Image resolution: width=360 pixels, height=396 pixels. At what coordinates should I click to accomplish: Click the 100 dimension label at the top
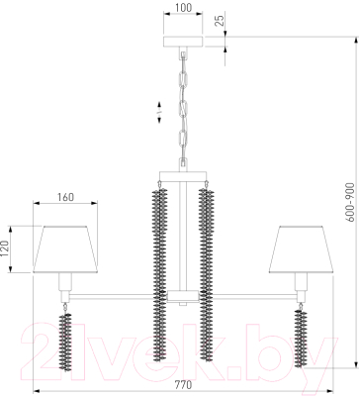pyautogui.click(x=183, y=7)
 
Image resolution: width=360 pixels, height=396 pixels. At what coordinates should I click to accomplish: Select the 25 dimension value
pyautogui.click(x=221, y=20)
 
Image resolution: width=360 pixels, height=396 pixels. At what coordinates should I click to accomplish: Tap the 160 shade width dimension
pyautogui.click(x=65, y=197)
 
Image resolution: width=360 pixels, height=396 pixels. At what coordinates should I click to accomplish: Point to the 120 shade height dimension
pyautogui.click(x=4, y=248)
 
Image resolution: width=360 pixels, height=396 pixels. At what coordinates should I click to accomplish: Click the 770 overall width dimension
pyautogui.click(x=183, y=385)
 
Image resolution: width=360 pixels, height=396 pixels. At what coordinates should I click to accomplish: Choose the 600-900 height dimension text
pyautogui.click(x=351, y=202)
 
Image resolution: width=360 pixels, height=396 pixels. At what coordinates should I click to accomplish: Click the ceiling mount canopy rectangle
pyautogui.click(x=183, y=42)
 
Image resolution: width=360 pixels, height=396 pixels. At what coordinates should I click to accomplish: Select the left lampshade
pyautogui.click(x=65, y=249)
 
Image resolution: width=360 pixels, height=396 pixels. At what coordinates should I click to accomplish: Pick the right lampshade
pyautogui.click(x=301, y=249)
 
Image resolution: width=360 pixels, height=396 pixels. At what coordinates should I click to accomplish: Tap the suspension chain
pyautogui.click(x=183, y=109)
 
